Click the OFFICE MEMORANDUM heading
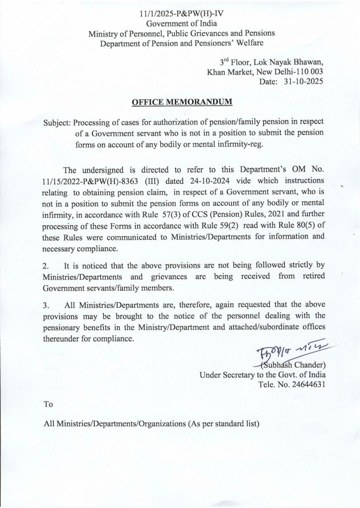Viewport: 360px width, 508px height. [181, 103]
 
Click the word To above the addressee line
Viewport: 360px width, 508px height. [49, 404]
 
